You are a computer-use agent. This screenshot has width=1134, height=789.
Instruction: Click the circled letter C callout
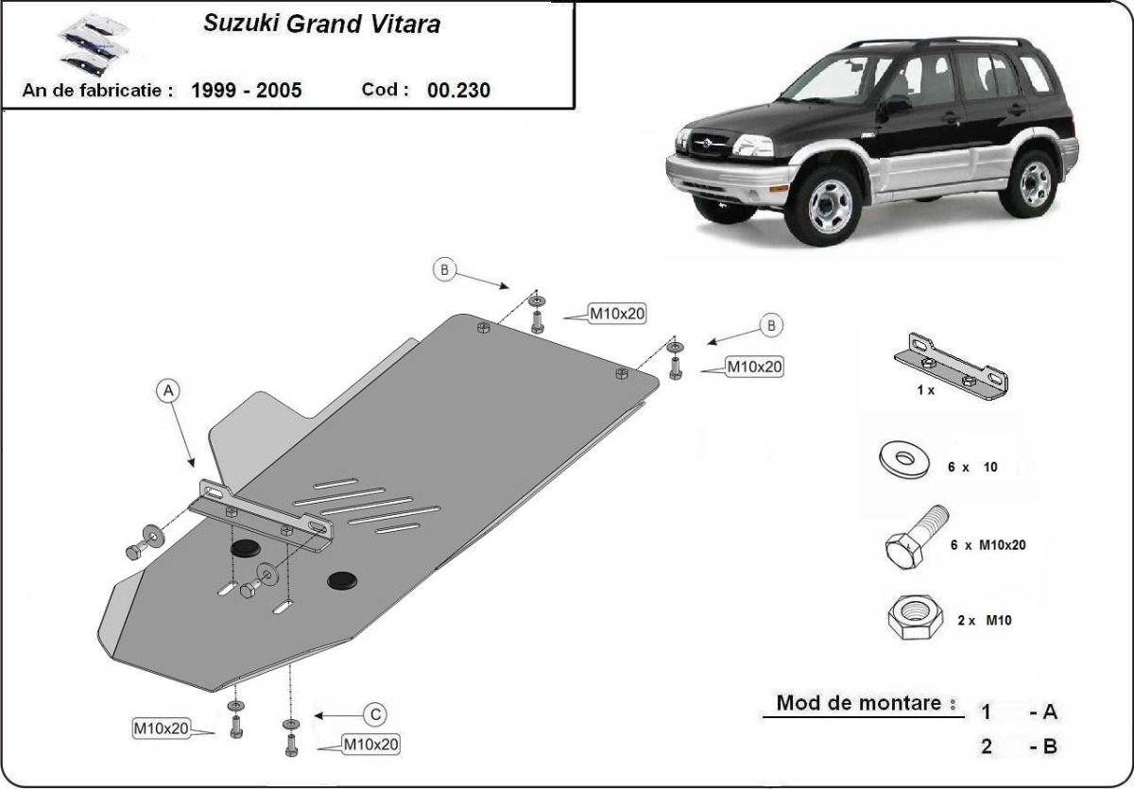(375, 713)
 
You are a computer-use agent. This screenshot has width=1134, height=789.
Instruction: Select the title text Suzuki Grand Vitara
(321, 25)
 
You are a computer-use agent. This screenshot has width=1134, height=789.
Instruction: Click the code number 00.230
(458, 91)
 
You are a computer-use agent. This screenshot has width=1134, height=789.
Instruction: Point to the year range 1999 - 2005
(247, 91)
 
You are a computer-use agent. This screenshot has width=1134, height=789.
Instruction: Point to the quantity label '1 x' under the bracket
(924, 390)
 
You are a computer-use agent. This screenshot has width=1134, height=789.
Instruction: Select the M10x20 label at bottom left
(162, 728)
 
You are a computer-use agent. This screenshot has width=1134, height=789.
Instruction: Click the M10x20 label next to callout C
(370, 745)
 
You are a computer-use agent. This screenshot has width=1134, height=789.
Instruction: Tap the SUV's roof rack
(936, 43)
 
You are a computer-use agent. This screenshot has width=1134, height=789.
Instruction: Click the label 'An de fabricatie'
(98, 91)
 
